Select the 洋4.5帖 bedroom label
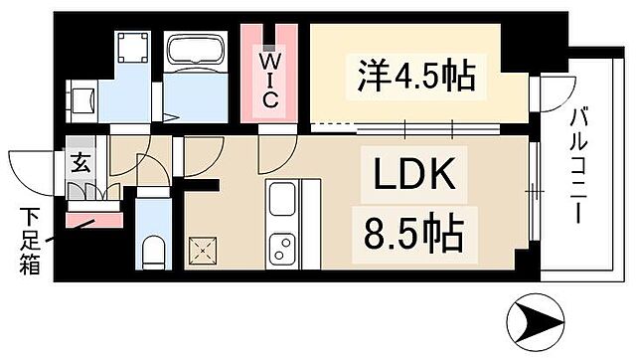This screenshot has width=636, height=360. (414, 75)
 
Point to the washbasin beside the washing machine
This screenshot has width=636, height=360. (82, 99)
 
